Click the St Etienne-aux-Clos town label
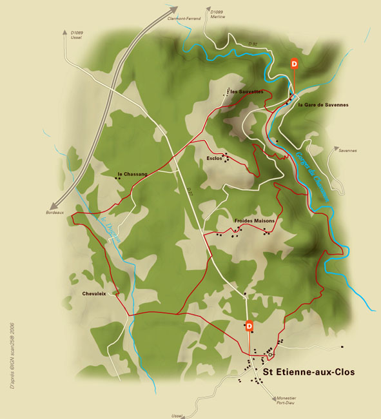[308, 372]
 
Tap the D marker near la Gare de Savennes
[294, 64]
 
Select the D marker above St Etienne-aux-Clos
[249, 326]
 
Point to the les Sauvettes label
[246, 92]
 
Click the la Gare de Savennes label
[323, 104]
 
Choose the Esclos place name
[215, 158]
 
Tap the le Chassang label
[133, 174]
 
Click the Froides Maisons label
[255, 220]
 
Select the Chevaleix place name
[94, 293]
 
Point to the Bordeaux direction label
[55, 213]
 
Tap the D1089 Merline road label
[217, 14]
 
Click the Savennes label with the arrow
[346, 151]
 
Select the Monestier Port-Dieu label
[286, 400]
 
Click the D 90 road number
[253, 44]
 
